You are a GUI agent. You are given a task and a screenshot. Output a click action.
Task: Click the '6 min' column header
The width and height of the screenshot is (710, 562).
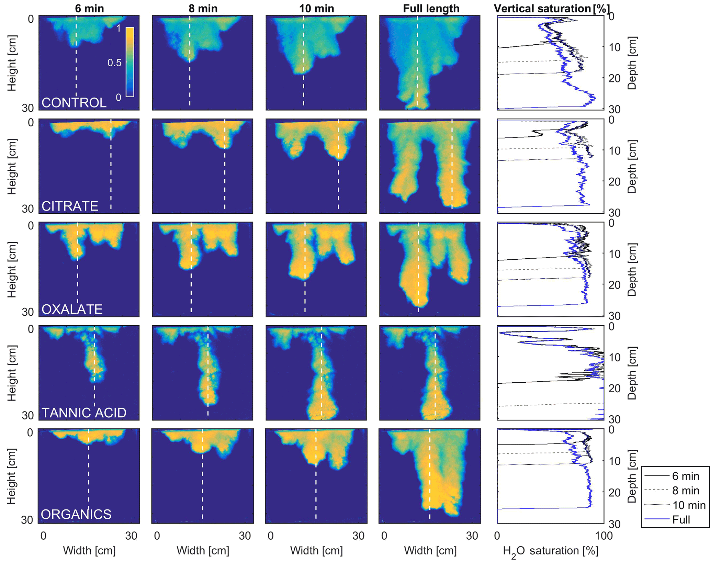[89, 8]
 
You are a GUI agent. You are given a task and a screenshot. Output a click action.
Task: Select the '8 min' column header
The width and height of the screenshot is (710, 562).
[203, 8]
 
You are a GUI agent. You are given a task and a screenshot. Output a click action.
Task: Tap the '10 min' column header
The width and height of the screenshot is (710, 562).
[316, 8]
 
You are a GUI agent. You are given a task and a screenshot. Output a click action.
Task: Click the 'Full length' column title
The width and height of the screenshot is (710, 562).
[431, 8]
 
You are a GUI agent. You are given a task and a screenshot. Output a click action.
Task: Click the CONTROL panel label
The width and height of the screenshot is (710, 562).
[74, 103]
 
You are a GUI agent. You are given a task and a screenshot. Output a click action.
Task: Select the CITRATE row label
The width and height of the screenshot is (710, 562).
[70, 206]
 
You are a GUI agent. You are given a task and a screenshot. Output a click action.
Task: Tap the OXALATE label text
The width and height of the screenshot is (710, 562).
[72, 309]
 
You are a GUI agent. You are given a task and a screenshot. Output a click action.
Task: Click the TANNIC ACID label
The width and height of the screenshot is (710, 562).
[84, 413]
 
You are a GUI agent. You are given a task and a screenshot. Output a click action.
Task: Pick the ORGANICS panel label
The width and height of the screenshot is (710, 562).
[76, 514]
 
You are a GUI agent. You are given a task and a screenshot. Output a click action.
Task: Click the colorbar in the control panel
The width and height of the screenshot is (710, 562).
[130, 62]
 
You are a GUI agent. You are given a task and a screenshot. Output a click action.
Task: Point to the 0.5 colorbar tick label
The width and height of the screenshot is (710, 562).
[114, 63]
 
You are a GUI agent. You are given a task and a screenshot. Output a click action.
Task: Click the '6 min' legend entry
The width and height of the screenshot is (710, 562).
[686, 476]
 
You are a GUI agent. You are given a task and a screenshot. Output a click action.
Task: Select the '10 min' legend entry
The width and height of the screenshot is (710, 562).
[689, 505]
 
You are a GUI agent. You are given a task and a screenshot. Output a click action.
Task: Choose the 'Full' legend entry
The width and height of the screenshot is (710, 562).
[681, 519]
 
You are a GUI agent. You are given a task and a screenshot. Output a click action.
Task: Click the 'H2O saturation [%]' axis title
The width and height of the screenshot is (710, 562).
[550, 551]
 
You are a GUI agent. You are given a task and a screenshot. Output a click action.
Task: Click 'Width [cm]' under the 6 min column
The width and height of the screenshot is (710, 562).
[89, 550]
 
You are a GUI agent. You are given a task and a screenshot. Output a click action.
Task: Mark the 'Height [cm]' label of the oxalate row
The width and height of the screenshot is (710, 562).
[12, 270]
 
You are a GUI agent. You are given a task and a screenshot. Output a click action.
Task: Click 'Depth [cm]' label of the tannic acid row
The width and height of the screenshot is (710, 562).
[632, 373]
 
